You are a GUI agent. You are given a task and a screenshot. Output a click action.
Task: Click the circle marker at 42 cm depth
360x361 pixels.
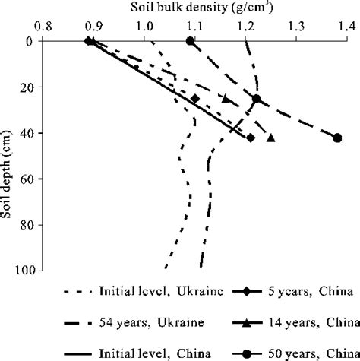tap(337, 138)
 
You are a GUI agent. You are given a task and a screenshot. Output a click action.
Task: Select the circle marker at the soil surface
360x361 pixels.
tap(190, 41)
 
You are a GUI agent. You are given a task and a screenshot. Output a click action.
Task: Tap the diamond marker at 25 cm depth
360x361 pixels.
tap(195, 99)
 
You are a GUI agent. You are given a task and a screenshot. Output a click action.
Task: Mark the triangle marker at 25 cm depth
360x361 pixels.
tap(225, 99)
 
